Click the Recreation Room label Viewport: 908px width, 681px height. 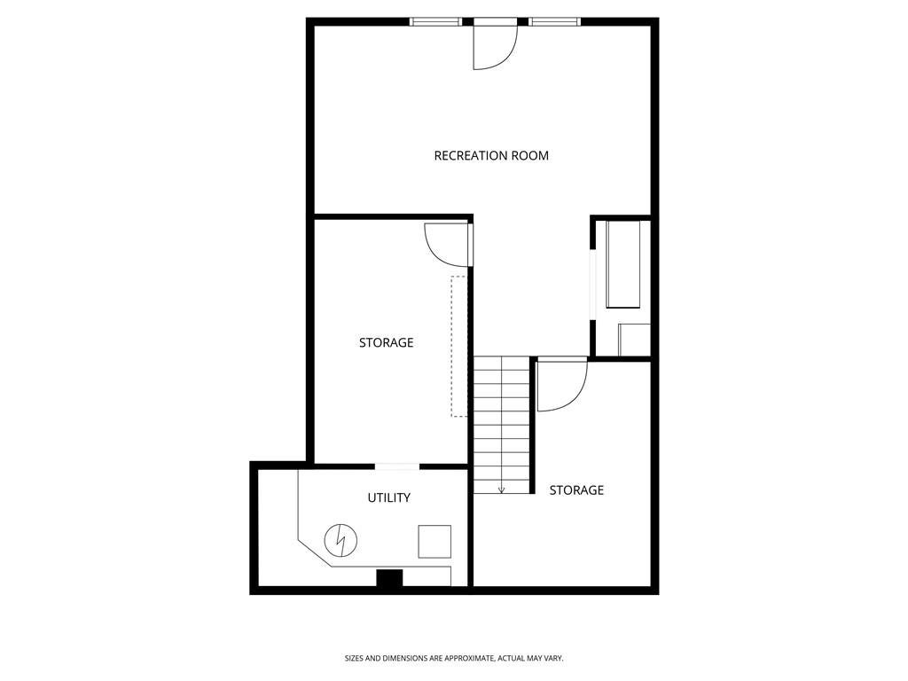(491, 155)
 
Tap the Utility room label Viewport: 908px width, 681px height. (389, 497)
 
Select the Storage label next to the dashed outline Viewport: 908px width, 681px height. (387, 343)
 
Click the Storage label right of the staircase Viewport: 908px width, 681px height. (576, 490)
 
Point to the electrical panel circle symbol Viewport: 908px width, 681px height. (340, 541)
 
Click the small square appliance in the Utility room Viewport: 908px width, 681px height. (434, 542)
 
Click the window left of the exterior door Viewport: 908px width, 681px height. (435, 22)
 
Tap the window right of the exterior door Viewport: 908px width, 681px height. (554, 22)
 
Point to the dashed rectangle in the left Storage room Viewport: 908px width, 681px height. (451, 347)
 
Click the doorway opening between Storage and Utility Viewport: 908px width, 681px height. (397, 466)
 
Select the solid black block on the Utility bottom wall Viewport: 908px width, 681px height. (390, 578)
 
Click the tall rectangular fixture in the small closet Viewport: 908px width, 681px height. (623, 264)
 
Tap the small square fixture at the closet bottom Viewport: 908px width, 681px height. (635, 340)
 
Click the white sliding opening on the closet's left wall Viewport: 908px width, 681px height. (593, 285)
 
